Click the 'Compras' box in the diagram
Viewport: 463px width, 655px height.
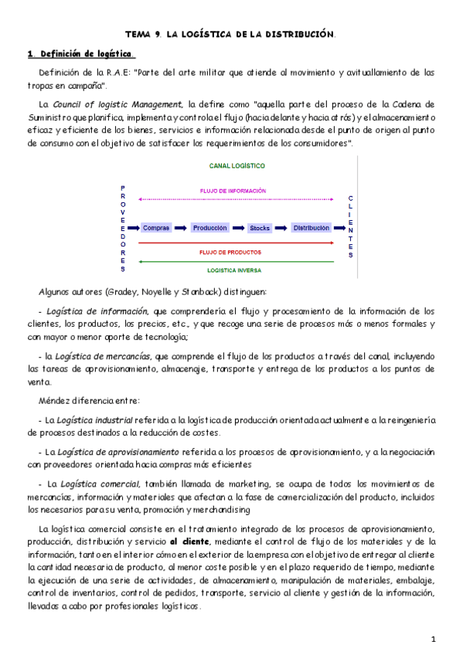tap(156, 228)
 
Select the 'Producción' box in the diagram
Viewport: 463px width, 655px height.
tap(209, 228)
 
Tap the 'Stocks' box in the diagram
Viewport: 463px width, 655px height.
tap(259, 228)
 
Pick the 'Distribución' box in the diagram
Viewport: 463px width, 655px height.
tap(311, 228)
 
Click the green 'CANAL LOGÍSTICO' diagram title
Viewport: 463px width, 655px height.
tap(237, 165)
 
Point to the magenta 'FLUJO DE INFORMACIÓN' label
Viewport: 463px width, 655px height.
tap(233, 190)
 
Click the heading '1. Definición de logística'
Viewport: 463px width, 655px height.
tap(80, 54)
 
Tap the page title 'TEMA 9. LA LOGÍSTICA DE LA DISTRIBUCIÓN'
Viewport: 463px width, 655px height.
tap(230, 34)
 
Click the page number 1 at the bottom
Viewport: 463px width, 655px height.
tap(434, 639)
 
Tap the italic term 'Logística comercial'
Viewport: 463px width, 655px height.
tap(98, 484)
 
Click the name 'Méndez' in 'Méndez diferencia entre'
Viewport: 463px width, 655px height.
tap(56, 400)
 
